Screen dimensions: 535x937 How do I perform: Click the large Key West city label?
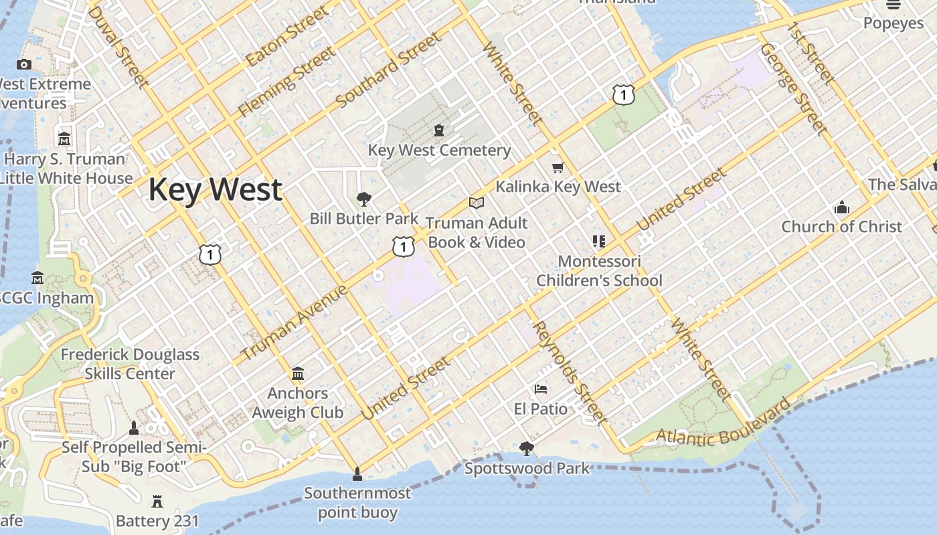point(215,190)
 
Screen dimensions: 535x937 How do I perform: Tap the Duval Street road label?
point(118,47)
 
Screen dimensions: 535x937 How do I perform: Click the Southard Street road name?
point(390,70)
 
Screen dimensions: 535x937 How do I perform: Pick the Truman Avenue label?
point(294,322)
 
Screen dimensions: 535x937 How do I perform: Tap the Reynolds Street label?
point(571,373)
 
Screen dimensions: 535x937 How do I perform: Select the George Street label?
point(794,89)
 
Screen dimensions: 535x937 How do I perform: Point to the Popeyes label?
point(893,23)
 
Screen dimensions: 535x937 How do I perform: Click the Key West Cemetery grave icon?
point(439,130)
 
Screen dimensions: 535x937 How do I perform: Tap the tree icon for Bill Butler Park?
point(364,199)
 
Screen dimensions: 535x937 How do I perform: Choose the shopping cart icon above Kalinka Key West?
point(558,167)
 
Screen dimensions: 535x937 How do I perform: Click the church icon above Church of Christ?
point(842,207)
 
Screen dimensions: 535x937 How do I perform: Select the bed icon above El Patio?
point(541,389)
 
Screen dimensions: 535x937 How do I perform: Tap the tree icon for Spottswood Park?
point(527,448)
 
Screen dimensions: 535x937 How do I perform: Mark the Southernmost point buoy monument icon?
point(357,474)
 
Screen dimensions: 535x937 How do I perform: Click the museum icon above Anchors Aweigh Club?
point(298,373)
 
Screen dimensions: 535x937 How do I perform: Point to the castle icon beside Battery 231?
point(157,501)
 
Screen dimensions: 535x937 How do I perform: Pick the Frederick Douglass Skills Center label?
point(130,364)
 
